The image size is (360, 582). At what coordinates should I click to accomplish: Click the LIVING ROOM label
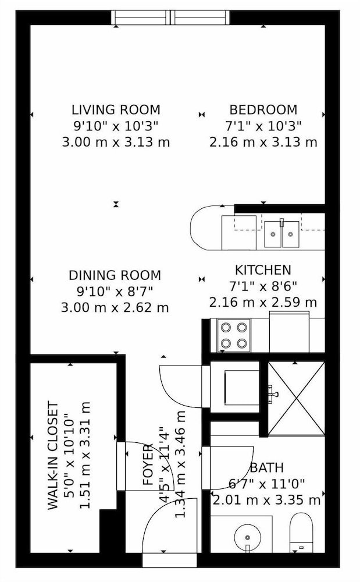point(116,110)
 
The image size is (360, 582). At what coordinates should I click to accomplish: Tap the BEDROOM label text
point(263,110)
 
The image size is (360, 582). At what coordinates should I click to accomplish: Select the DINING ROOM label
point(115,275)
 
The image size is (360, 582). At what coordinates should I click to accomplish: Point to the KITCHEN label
point(263,270)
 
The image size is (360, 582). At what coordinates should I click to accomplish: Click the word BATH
point(266,467)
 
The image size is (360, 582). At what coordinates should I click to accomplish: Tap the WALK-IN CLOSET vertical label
point(54,456)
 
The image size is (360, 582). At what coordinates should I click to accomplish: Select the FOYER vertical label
point(148,464)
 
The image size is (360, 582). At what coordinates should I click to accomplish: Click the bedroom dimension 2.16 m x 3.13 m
point(263,142)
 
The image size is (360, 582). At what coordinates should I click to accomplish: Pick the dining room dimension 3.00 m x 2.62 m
point(115,308)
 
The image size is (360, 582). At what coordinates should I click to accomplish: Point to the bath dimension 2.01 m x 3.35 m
point(266,500)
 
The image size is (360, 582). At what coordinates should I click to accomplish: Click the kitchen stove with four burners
point(234,335)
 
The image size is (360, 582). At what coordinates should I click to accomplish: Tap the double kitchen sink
point(281,234)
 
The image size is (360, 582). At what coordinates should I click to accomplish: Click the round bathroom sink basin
point(248,537)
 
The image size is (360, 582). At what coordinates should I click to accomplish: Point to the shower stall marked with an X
point(296,398)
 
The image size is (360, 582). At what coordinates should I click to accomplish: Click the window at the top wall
point(170,17)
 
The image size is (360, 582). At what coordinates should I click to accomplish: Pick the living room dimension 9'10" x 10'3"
point(116,126)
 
